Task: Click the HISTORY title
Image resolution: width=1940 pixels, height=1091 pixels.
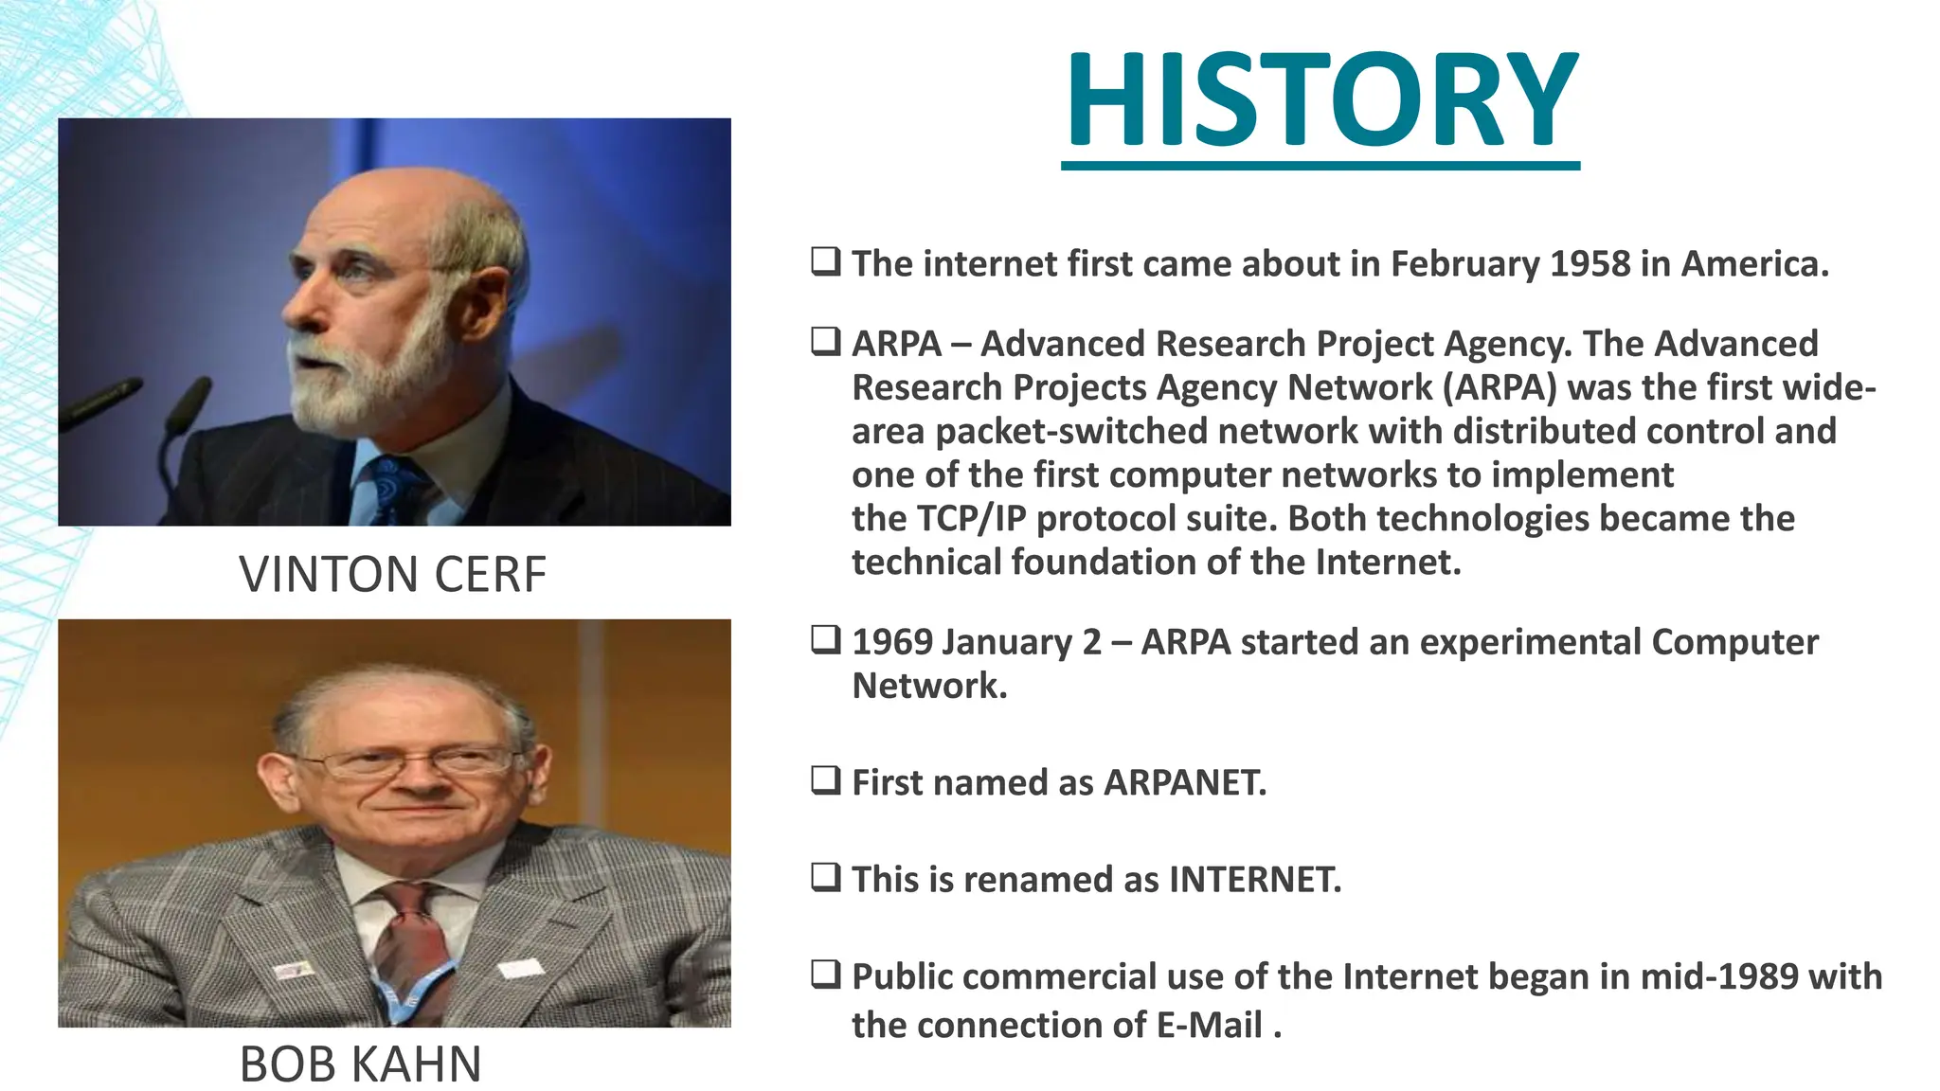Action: (x=1320, y=100)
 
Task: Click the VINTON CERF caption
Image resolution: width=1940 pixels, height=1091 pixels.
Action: (x=392, y=574)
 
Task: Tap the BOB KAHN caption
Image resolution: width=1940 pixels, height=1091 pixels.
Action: (x=360, y=1064)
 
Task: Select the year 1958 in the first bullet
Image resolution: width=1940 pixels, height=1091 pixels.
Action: (x=1590, y=263)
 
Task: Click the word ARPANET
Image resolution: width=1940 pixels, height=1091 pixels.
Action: (x=1183, y=782)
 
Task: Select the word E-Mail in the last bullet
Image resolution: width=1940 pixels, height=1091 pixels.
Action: (x=1209, y=1025)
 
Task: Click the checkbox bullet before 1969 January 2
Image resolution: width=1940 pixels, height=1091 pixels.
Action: (x=825, y=640)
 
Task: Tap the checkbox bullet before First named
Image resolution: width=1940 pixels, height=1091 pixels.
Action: (x=825, y=781)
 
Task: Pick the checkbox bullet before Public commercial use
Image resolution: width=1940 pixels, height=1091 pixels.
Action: (x=825, y=975)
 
